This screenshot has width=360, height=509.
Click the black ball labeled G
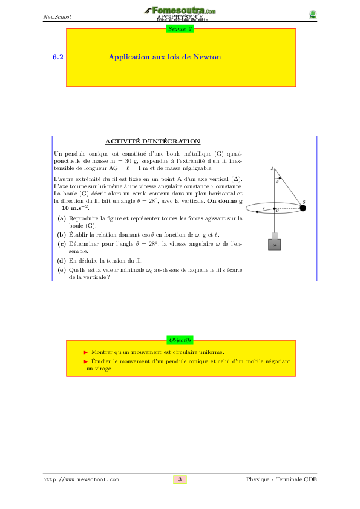[x=303, y=208]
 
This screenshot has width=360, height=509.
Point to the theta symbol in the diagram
[x=277, y=182]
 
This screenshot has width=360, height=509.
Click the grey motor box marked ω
[x=274, y=245]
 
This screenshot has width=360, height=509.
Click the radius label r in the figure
[x=263, y=208]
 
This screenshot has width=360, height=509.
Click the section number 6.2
[x=58, y=57]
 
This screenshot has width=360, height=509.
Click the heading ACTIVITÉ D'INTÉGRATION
[x=153, y=141]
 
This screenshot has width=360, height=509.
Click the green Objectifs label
[x=180, y=340]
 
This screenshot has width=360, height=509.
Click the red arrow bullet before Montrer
[x=86, y=352]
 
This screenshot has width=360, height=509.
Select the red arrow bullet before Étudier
[x=86, y=361]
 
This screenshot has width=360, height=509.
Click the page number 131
[x=180, y=479]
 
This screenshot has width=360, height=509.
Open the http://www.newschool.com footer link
[x=80, y=479]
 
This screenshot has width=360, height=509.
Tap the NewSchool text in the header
[x=57, y=16]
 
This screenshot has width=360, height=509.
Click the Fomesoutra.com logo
[x=181, y=11]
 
